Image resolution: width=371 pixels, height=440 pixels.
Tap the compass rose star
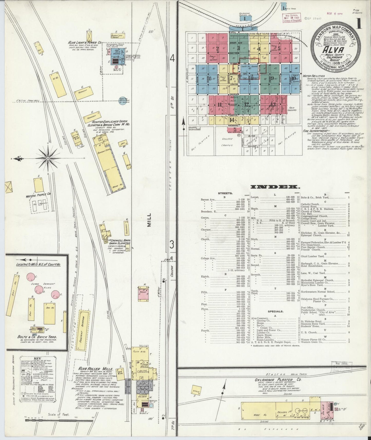tap(48, 159)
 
